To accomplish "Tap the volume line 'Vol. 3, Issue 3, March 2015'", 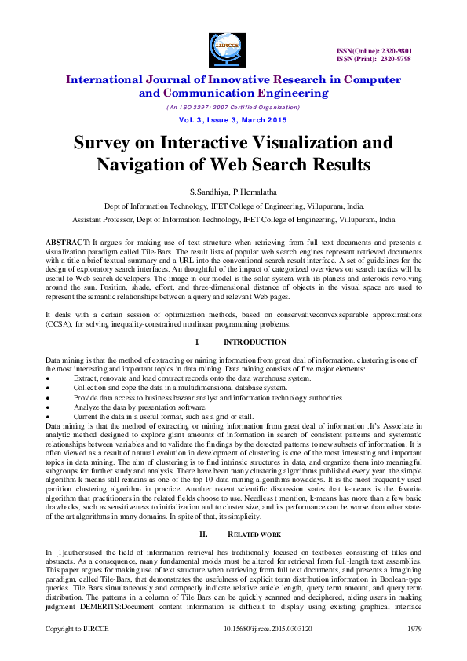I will point(232,119).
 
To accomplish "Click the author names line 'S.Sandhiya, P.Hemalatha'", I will point(233,192).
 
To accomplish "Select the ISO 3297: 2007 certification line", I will point(232,107).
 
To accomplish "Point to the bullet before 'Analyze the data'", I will point(49,408).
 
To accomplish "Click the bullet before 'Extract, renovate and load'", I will point(49,378).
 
